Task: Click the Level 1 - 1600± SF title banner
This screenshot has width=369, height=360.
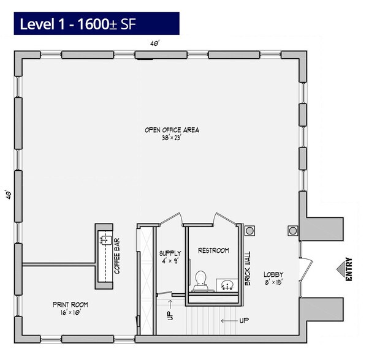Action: tap(96, 23)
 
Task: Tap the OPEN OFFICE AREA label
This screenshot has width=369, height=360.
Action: tap(172, 130)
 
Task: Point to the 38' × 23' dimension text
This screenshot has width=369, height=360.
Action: tap(171, 138)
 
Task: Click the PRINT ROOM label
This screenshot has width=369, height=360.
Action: tap(70, 305)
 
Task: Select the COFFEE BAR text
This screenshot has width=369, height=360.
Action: tap(117, 256)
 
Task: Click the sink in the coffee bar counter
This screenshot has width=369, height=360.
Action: tap(106, 240)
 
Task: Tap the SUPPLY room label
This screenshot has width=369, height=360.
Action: tap(170, 253)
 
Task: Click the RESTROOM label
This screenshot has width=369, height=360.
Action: tap(213, 250)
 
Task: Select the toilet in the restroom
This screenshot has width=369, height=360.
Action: tap(200, 281)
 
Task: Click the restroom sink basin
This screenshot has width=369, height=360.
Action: tap(227, 285)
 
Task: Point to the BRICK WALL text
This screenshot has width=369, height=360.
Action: tap(248, 269)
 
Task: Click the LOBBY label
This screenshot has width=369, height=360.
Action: tap(273, 274)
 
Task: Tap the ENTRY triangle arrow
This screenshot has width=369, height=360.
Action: tap(341, 269)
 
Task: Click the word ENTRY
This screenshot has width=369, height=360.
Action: tap(349, 269)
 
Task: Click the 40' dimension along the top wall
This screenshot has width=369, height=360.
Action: tap(155, 43)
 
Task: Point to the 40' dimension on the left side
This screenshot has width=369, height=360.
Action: tap(9, 195)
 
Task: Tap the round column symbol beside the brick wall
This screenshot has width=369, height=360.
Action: tap(249, 231)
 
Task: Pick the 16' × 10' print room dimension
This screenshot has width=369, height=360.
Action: tap(70, 312)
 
